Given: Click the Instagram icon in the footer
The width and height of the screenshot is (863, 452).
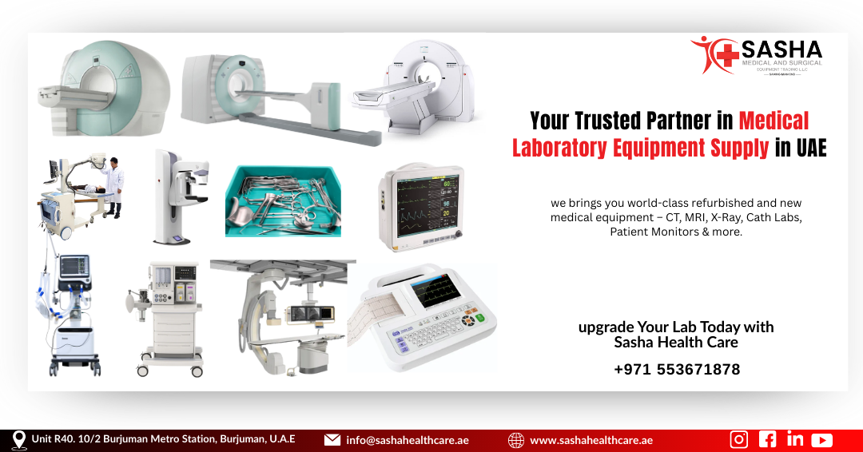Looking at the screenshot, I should click(x=739, y=439).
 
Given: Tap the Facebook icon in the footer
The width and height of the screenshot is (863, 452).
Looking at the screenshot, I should click(x=767, y=439).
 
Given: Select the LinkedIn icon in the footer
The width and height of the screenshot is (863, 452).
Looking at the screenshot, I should click(x=794, y=439).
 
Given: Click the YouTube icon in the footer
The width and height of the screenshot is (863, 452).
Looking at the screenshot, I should click(x=821, y=439).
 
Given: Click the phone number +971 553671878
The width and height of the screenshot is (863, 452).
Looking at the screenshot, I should click(x=677, y=369).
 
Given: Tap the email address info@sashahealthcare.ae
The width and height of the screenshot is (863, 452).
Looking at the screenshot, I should click(x=407, y=440).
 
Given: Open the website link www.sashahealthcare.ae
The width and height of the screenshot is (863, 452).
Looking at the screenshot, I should click(x=591, y=440).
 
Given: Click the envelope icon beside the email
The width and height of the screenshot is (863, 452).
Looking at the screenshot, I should click(x=332, y=440).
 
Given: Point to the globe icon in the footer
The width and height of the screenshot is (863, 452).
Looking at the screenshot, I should click(x=516, y=440).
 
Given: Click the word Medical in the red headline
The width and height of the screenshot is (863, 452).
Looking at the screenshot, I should click(x=774, y=121).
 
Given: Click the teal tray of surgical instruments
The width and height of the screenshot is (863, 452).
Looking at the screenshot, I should click(x=282, y=201).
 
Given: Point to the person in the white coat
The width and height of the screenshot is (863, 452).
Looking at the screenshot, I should click(x=115, y=187).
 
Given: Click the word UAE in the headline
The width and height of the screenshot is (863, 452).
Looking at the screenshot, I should click(x=811, y=148).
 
